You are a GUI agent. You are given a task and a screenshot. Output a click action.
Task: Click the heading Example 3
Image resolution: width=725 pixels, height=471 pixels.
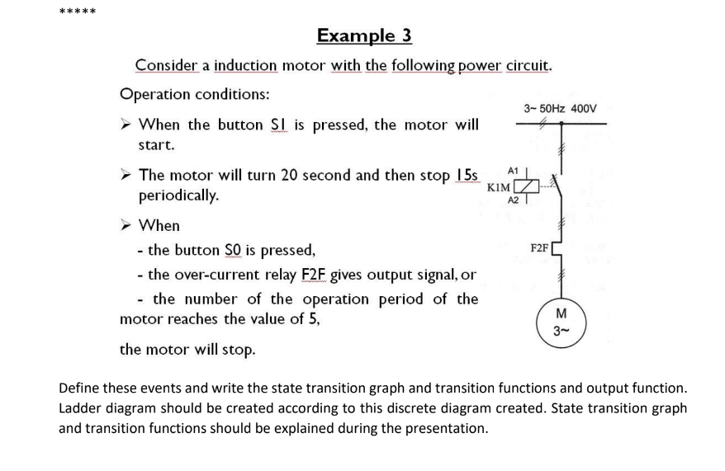[x=364, y=35]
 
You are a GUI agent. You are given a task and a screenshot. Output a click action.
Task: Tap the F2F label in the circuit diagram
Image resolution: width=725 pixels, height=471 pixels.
[x=538, y=247]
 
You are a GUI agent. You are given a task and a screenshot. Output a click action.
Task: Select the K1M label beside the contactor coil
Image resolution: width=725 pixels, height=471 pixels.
[x=498, y=188]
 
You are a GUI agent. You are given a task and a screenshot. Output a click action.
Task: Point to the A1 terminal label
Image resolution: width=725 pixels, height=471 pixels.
[x=513, y=171]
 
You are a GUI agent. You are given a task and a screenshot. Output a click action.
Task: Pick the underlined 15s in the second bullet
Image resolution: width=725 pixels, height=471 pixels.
[x=468, y=176]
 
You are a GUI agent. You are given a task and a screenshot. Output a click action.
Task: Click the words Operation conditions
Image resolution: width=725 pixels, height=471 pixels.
[x=194, y=93]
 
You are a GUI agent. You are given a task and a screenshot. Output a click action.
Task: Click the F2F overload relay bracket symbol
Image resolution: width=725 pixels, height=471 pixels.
[x=562, y=247]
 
